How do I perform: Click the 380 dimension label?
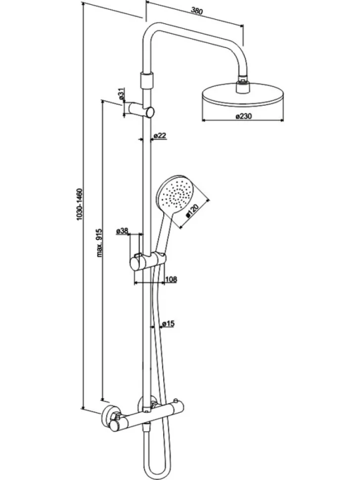[197, 11]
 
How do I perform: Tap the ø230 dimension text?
[244, 116]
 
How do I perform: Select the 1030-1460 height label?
[80, 204]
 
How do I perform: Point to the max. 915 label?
[99, 242]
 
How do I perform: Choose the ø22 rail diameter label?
[160, 136]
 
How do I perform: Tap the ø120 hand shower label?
[192, 211]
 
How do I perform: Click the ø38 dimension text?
[122, 231]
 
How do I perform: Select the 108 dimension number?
[171, 279]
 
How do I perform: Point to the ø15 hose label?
[168, 324]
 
